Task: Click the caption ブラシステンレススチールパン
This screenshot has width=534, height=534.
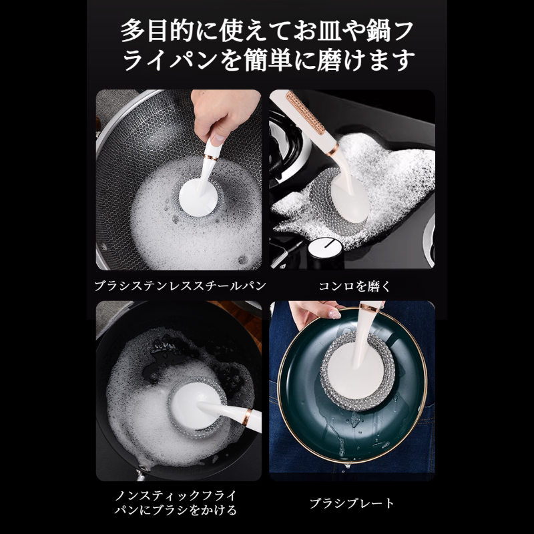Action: [x=180, y=286]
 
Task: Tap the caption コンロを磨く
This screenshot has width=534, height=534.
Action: [x=352, y=286]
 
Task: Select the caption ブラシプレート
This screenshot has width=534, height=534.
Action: [x=352, y=503]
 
